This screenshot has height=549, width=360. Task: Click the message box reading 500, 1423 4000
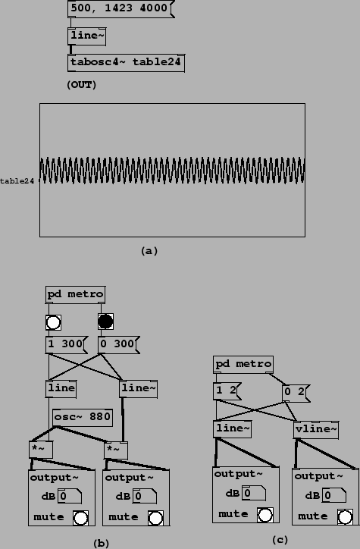pos(121,9)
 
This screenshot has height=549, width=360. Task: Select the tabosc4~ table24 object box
pos(126,63)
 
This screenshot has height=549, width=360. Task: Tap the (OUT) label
pos(82,85)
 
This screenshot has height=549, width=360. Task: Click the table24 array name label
pos(17,181)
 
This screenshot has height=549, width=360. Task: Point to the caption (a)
pos(149,251)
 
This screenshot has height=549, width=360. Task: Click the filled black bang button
pos(105,322)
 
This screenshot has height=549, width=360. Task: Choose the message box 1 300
pos(67,345)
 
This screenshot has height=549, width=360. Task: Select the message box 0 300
pos(118,345)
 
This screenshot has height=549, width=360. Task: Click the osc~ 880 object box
pos(83,418)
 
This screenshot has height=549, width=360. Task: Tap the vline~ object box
pos(316,430)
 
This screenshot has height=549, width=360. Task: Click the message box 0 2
pos(296,393)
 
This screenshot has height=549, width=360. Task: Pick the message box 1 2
pos(227,391)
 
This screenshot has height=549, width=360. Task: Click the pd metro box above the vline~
pos(243,365)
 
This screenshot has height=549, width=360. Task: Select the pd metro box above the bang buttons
pos(75,295)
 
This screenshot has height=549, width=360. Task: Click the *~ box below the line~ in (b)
pos(116,450)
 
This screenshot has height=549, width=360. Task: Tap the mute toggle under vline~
pos(345,517)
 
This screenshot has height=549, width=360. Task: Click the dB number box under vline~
pos(334,495)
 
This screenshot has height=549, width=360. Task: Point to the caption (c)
pos(280,540)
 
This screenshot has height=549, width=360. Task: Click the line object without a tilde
pos(61,389)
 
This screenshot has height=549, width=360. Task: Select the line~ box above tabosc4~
pos(86,36)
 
